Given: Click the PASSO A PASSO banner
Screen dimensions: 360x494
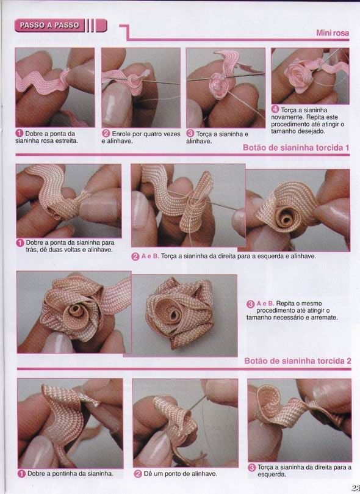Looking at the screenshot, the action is (60, 26).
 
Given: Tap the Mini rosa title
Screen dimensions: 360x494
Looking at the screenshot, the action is (333, 33).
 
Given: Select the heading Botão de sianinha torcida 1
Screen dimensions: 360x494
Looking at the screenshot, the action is (296, 147).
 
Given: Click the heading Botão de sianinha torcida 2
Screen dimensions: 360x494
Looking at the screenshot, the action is (297, 361).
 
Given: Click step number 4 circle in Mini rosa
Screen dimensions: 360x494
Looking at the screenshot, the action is (275, 109).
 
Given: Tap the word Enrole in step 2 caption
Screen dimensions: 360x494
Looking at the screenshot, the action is (121, 134).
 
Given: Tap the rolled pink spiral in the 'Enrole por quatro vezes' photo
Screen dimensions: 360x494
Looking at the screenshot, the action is (135, 81).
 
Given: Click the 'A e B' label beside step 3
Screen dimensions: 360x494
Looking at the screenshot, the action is (265, 303).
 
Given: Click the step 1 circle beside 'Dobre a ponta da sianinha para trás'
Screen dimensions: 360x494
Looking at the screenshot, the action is (20, 243).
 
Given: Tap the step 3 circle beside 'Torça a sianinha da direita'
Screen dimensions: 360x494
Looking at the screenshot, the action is (251, 468).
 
